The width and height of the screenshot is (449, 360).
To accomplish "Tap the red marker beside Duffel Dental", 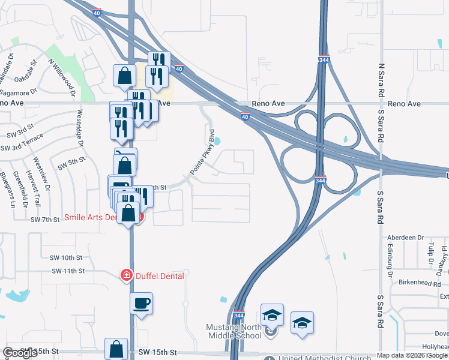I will point(127,275).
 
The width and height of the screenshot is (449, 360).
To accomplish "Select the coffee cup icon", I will point(142,303).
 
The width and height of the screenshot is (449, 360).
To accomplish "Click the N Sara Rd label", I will point(381,80).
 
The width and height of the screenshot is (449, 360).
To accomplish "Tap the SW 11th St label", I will point(68,271).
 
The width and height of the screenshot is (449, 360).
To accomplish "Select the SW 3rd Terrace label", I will point(22,148).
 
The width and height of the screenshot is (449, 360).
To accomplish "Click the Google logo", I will point(20,353).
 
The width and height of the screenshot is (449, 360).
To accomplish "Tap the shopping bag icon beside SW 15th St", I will point(116,349).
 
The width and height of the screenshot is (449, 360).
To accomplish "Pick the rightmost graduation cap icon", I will point(302,322).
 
